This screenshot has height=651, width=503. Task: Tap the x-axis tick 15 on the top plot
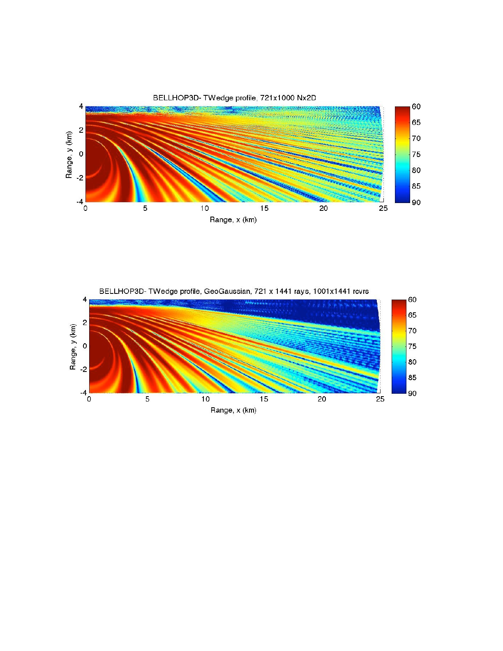point(264,208)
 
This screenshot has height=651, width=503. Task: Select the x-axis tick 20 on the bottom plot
point(322,399)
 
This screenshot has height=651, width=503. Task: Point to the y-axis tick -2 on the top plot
point(80,178)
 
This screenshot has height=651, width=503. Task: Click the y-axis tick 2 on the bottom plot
point(85,323)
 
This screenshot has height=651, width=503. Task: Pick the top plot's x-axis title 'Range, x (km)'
point(233,220)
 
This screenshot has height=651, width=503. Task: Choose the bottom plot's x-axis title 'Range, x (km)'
point(233,410)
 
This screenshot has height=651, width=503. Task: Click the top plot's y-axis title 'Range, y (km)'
point(69,155)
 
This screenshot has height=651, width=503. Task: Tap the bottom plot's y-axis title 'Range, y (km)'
point(73,347)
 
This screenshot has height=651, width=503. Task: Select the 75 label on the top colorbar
point(416,155)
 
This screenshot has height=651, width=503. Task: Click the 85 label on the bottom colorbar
point(412,378)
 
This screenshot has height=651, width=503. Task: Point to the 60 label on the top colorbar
point(416,107)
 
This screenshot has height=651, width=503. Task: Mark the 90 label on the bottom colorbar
point(412,393)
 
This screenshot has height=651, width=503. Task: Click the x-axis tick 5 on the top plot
point(145,208)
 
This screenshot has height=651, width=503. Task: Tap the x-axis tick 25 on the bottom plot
point(380,399)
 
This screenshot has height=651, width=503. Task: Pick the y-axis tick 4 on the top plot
point(81,106)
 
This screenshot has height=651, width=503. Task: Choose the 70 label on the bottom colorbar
point(412,331)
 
